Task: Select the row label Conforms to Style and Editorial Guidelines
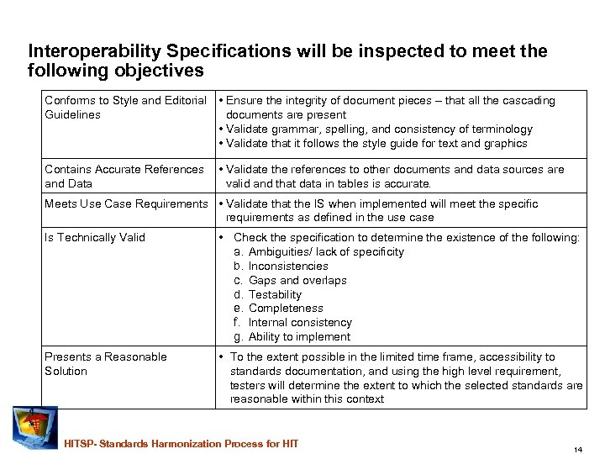click(x=125, y=108)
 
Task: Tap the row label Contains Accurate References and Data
click(x=124, y=176)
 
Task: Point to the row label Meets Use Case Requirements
click(x=125, y=203)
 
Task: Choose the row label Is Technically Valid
click(x=94, y=237)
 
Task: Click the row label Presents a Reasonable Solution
click(x=105, y=363)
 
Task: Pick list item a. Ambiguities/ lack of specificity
click(x=318, y=251)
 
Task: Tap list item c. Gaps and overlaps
click(x=290, y=280)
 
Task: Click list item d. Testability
click(x=274, y=294)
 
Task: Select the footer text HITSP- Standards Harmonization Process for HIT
click(x=181, y=443)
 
